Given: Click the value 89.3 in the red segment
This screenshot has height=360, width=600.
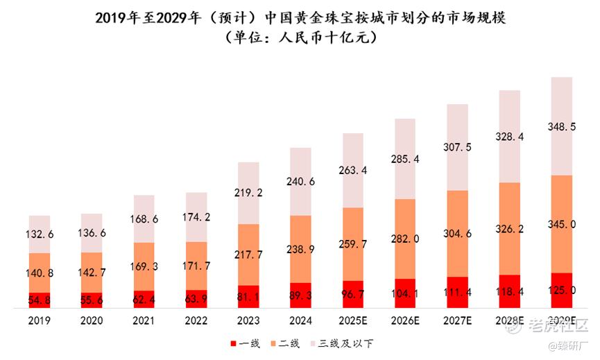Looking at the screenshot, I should [300, 295].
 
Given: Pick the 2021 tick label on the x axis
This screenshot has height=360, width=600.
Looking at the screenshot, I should [144, 321].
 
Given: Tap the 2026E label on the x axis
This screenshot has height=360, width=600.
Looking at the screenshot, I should [405, 321].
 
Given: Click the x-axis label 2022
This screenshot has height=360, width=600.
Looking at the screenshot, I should [196, 321].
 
